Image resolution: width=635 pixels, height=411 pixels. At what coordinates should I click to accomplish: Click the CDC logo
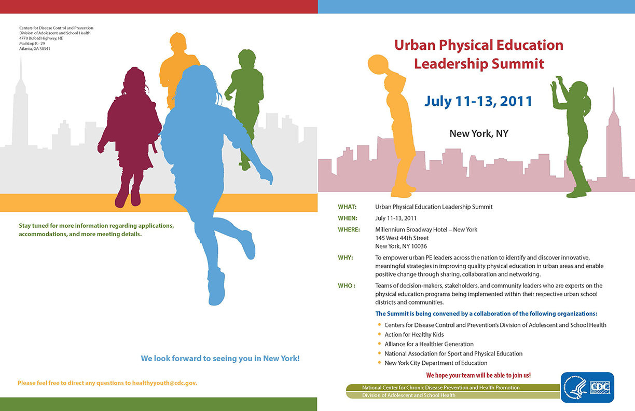pyautogui.click(x=587, y=387)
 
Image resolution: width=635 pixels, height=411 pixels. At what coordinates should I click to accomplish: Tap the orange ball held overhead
pyautogui.click(x=378, y=64)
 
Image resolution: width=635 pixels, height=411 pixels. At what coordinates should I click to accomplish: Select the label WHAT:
pyautogui.click(x=347, y=207)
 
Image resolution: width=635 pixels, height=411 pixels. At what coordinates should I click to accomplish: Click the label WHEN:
pyautogui.click(x=348, y=218)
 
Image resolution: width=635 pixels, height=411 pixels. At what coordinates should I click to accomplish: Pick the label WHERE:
pyautogui.click(x=349, y=229)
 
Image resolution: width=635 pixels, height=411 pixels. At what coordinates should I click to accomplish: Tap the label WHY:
pyautogui.click(x=346, y=257)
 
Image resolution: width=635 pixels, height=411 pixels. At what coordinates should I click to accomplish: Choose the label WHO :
pyautogui.click(x=347, y=285)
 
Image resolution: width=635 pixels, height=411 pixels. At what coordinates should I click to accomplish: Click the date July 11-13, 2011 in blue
pyautogui.click(x=478, y=101)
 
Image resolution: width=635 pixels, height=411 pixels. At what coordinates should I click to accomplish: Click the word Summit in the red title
pyautogui.click(x=518, y=63)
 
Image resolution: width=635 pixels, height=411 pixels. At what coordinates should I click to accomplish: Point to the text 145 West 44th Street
pyautogui.click(x=402, y=238)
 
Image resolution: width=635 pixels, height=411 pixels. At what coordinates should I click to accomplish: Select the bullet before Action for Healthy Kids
pyautogui.click(x=380, y=334)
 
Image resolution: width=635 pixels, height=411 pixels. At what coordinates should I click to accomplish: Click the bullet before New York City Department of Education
pyautogui.click(x=380, y=363)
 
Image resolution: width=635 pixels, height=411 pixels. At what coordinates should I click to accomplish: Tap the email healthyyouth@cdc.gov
pyautogui.click(x=164, y=383)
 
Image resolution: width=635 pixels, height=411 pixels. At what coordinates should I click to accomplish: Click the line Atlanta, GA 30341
pyautogui.click(x=35, y=49)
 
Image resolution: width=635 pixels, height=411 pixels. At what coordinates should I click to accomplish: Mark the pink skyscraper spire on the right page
pyautogui.click(x=614, y=99)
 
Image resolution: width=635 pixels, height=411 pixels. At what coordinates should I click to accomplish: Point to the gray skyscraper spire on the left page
pyautogui.click(x=21, y=68)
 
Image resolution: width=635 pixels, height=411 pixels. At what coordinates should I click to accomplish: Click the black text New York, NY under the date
pyautogui.click(x=479, y=133)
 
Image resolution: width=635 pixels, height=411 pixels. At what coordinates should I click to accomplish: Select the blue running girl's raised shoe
pyautogui.click(x=248, y=245)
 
